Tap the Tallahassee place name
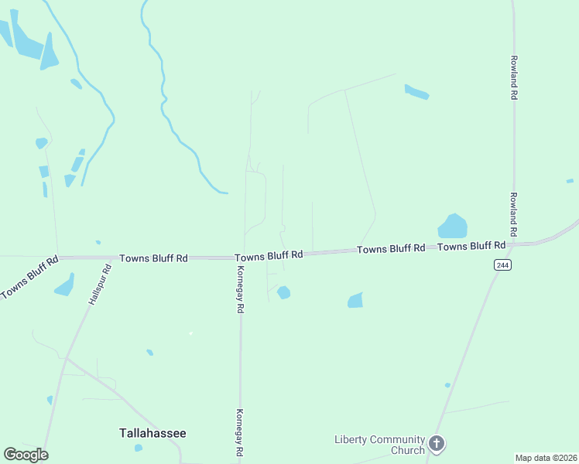point(152,433)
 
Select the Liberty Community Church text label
point(380,445)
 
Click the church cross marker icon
point(437,444)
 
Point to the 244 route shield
point(502,265)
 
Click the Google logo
point(26,454)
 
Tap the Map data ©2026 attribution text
point(546,458)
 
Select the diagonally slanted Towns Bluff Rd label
point(29,278)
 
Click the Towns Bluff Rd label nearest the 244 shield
point(471,246)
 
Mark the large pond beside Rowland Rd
point(453,227)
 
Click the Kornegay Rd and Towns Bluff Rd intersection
point(241,258)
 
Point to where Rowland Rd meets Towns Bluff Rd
point(514,244)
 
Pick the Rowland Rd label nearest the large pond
point(512,215)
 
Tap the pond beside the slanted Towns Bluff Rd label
point(64,285)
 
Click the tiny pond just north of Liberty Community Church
point(447,384)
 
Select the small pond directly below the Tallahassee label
point(138,448)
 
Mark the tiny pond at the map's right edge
point(570,181)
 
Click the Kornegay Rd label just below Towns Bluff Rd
point(241,288)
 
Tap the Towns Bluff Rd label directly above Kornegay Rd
point(268,257)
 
